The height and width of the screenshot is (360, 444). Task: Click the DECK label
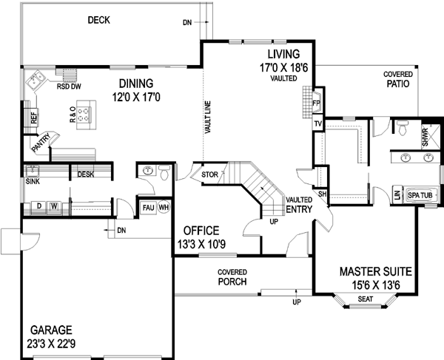[98, 20]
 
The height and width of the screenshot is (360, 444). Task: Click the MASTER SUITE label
[376, 271]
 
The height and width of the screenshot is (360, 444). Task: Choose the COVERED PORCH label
[232, 276]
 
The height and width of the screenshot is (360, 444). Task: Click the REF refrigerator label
[33, 116]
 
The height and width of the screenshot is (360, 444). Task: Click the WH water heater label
[163, 207]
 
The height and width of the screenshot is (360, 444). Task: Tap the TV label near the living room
[317, 124]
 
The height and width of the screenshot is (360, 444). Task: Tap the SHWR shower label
[425, 137]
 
